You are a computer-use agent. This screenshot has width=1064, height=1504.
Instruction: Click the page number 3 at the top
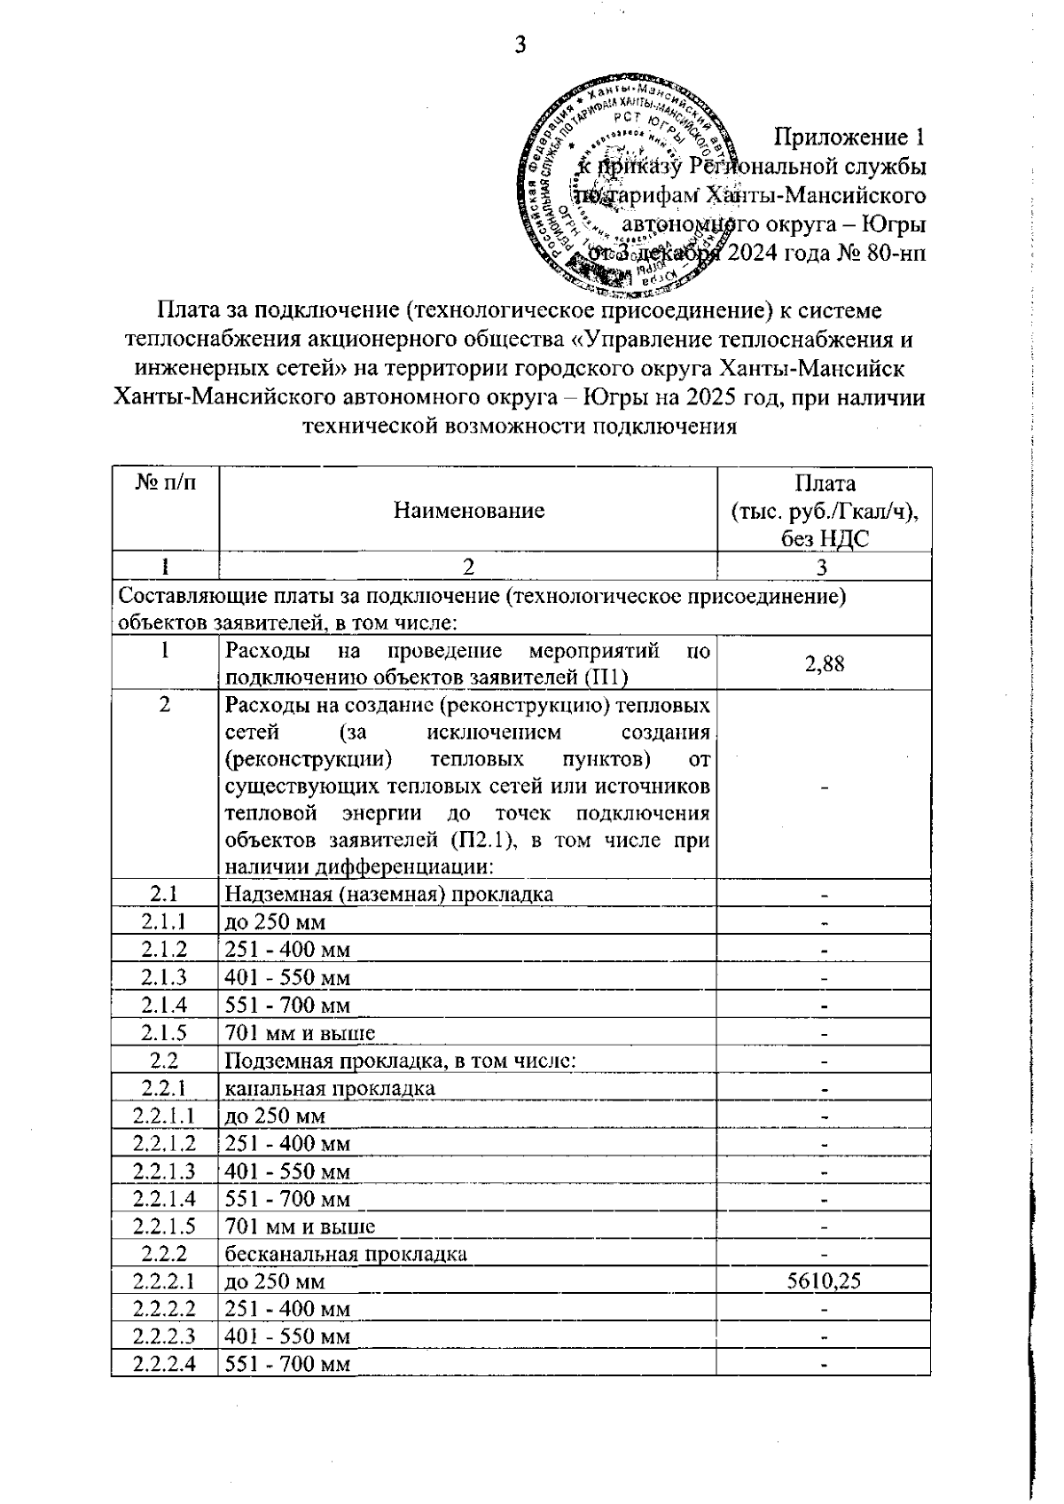click(520, 45)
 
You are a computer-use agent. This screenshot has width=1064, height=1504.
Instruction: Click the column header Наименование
click(468, 510)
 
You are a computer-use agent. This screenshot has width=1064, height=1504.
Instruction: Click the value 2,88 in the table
click(824, 662)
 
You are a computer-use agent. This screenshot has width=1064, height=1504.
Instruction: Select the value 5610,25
click(824, 1281)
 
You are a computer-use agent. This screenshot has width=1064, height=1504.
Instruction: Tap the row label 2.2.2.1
click(165, 1281)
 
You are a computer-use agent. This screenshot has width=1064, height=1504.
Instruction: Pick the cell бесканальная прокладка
click(346, 1254)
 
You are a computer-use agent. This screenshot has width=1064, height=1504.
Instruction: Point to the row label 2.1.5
click(165, 1032)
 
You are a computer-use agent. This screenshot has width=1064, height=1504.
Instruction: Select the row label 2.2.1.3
click(165, 1171)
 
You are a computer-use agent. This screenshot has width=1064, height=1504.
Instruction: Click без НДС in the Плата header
click(824, 538)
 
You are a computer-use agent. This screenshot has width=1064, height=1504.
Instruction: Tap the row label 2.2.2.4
click(165, 1363)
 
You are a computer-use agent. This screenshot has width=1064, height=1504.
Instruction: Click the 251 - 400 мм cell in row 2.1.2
click(287, 950)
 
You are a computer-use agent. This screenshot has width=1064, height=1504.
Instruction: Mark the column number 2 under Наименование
click(468, 567)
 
